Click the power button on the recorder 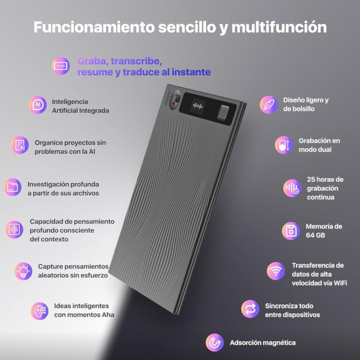pos(222,113)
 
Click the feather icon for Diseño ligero pos(269,104)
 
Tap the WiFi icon pos(275,271)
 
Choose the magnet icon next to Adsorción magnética pos(215,343)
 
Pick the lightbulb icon pos(23,271)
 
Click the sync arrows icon pos(250,310)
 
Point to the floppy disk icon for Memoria pos(291,231)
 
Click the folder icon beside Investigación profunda pos(13,187)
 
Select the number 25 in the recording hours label pos(312,179)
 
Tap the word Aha pos(105,315)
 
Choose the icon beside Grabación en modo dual pos(284,145)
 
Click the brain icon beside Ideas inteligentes pos(40,311)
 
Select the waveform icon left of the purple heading pos(61,66)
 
